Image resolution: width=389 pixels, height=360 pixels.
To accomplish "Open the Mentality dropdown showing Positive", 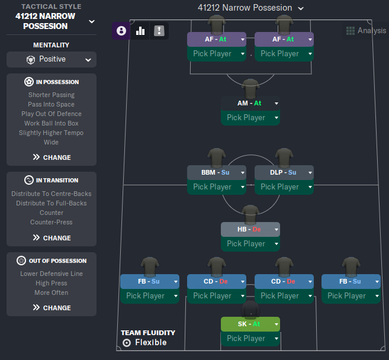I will [52, 59].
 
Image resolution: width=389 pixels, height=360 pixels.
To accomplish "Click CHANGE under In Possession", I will [52, 157].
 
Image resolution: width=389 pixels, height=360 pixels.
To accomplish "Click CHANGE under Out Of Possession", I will [52, 308].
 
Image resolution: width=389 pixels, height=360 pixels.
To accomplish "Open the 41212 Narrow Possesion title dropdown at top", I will [250, 8].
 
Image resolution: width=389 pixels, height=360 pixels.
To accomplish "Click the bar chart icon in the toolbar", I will [140, 31].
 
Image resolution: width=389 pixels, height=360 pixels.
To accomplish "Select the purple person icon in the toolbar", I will [121, 31].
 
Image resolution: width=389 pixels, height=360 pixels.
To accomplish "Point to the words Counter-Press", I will [52, 222].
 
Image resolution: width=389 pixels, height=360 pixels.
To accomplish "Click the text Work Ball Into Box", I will [52, 123].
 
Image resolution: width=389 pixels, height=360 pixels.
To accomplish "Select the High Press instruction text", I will [52, 283].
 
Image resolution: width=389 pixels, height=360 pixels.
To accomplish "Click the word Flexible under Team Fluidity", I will [150, 342].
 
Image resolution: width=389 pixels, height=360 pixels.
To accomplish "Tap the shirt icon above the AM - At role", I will [250, 88].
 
